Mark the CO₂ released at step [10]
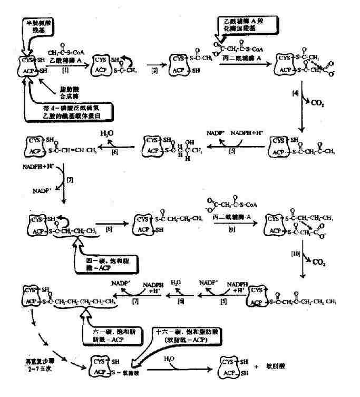tap(318, 260)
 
